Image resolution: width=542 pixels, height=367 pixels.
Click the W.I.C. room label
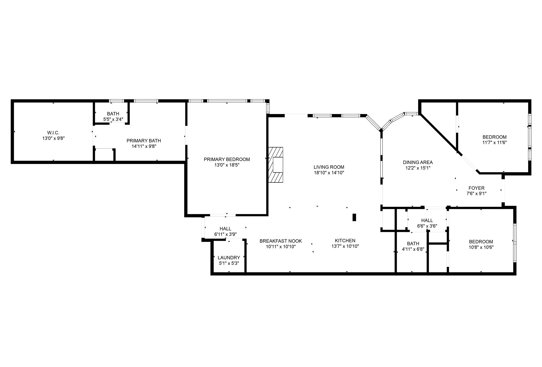53,133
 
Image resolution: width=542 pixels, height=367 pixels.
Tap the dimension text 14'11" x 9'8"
144,146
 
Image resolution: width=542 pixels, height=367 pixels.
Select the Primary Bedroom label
227,159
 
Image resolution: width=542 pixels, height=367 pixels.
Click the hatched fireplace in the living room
276,165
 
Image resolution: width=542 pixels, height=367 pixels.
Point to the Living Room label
329,167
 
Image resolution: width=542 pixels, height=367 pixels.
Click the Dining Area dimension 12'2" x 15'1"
418,168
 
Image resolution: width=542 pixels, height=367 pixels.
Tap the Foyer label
476,188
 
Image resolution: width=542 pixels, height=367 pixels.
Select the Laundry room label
229,258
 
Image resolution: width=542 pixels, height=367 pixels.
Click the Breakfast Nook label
281,241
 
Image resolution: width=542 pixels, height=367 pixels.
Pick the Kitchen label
345,240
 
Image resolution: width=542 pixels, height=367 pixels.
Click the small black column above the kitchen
354,217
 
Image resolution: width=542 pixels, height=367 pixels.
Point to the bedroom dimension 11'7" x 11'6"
494,142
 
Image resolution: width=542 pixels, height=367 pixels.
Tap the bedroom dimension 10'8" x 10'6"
481,247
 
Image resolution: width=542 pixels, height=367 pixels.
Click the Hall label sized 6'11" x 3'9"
225,229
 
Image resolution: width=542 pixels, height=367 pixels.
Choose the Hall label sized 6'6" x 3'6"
427,220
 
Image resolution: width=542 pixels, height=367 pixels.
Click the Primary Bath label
144,141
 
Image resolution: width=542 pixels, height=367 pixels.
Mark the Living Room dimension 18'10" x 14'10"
329,173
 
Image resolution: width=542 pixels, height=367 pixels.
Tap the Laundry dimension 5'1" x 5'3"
229,263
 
